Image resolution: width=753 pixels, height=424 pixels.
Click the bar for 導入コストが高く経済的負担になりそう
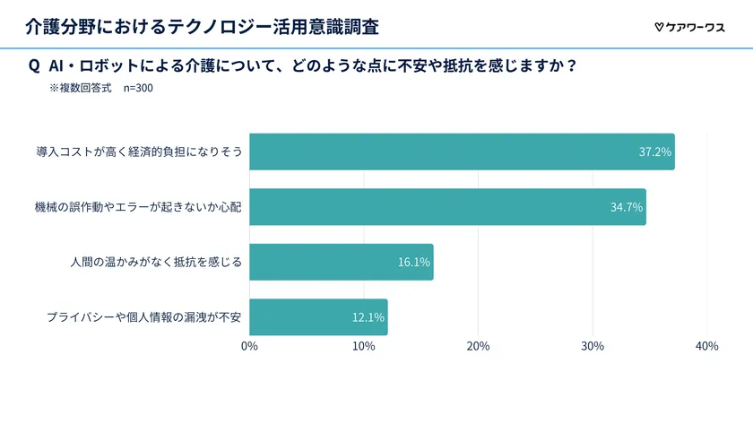(x=462, y=151)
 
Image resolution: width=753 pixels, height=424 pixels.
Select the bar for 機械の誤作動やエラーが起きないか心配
(x=447, y=207)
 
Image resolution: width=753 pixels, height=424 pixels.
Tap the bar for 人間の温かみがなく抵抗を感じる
(x=341, y=262)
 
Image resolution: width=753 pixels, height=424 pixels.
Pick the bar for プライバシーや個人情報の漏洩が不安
(x=318, y=317)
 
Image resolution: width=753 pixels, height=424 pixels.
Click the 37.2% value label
(x=654, y=152)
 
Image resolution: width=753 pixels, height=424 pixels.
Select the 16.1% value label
(x=414, y=263)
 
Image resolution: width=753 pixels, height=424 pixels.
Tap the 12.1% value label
(x=368, y=317)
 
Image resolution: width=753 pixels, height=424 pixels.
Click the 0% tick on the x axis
(x=249, y=347)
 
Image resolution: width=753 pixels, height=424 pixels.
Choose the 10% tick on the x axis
(x=364, y=347)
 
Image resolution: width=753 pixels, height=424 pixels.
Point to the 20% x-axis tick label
(x=478, y=347)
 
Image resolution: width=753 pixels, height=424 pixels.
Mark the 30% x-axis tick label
(x=593, y=347)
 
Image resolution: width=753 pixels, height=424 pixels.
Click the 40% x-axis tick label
(x=706, y=347)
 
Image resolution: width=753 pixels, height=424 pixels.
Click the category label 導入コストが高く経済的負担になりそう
(x=139, y=152)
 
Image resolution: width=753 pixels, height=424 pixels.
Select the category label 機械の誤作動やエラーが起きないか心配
(x=138, y=207)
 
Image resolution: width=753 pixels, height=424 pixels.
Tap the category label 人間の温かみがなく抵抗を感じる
(x=156, y=263)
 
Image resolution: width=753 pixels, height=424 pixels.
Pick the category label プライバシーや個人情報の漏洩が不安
(x=143, y=317)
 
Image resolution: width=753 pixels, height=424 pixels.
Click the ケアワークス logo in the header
(x=689, y=27)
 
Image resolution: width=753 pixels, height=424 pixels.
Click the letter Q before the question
(x=34, y=65)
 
